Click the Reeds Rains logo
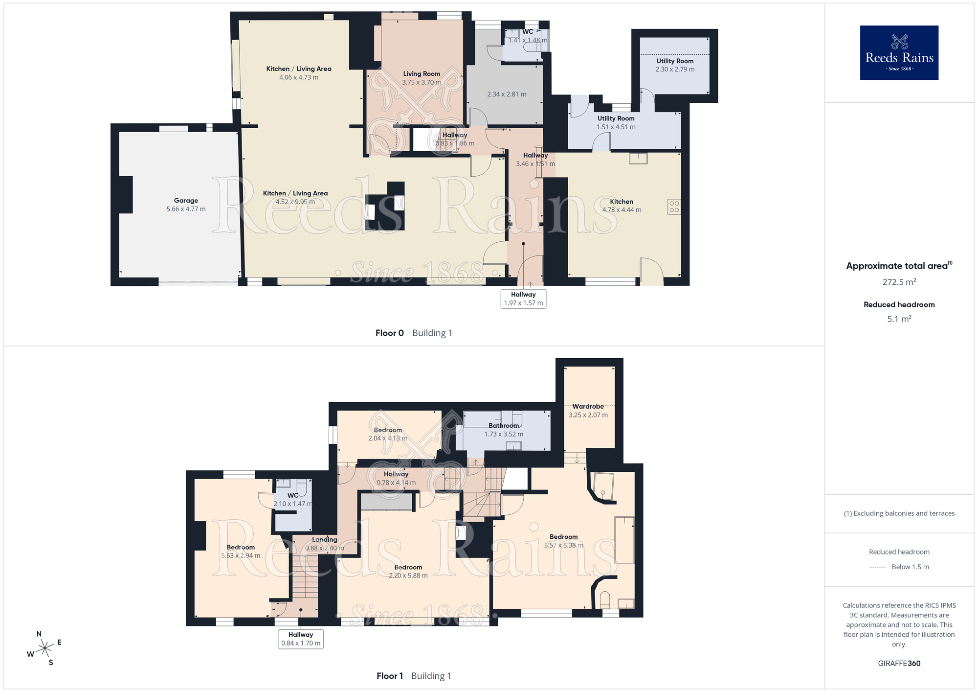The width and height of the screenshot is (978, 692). [x=899, y=53]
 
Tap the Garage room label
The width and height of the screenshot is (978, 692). [x=186, y=200]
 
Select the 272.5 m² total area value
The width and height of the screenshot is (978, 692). [x=899, y=282]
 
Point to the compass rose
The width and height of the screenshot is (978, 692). [x=45, y=648]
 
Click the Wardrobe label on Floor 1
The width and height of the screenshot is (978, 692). [x=588, y=406]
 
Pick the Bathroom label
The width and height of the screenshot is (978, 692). [x=504, y=425]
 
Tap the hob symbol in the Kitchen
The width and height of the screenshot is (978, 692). [x=674, y=207]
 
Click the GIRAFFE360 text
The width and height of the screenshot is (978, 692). [x=899, y=664]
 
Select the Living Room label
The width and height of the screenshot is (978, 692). [x=422, y=74]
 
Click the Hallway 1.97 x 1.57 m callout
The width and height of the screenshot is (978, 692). [x=523, y=299]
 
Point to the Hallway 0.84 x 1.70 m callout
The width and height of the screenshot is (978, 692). [x=301, y=639]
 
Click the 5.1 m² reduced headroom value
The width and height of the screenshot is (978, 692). [x=899, y=319]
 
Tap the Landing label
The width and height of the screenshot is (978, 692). [x=325, y=539]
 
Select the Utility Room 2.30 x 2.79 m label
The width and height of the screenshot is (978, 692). [x=675, y=65]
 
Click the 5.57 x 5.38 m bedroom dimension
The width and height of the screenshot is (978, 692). [x=564, y=545]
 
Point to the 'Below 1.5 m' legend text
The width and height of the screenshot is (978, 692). [x=911, y=567]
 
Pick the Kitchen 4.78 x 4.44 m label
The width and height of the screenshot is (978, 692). [x=622, y=206]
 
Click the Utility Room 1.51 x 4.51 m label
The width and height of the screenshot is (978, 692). [x=616, y=122]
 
